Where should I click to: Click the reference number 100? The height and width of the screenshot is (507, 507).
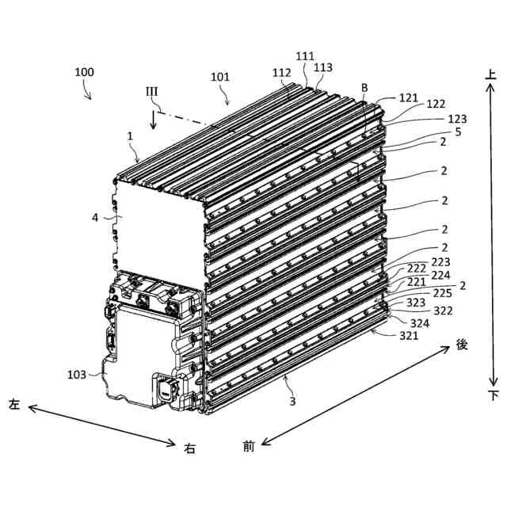tap(85, 72)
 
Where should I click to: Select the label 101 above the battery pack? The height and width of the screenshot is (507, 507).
tap(221, 78)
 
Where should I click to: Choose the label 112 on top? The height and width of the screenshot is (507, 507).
tap(282, 72)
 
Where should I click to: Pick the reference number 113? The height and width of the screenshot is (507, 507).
tap(322, 68)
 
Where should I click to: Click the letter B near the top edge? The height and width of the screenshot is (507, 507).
tap(364, 87)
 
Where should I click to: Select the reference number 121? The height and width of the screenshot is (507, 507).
tap(409, 97)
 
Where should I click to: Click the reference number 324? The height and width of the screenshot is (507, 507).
tap(420, 323)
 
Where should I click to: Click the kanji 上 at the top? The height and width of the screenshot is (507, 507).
tap(491, 74)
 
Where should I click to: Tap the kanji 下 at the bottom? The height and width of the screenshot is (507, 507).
tap(492, 395)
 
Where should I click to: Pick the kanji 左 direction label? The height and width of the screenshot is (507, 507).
tap(13, 404)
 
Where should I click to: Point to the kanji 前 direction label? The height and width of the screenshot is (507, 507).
tap(248, 447)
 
